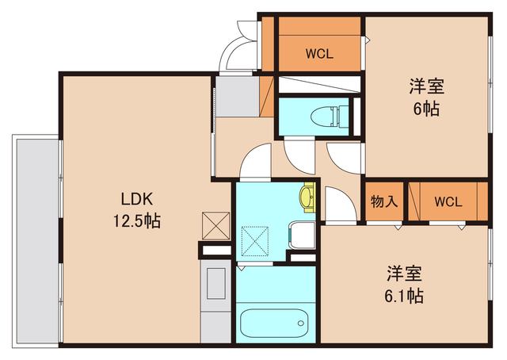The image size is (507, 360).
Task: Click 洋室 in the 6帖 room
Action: (425, 85)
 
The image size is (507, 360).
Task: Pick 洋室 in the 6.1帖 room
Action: (403, 274)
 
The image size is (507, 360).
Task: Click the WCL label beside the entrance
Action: (319, 55)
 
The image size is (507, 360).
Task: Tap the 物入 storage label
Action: (384, 201)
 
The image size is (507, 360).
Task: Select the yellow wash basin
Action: (307, 196)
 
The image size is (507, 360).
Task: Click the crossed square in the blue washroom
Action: (256, 240)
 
